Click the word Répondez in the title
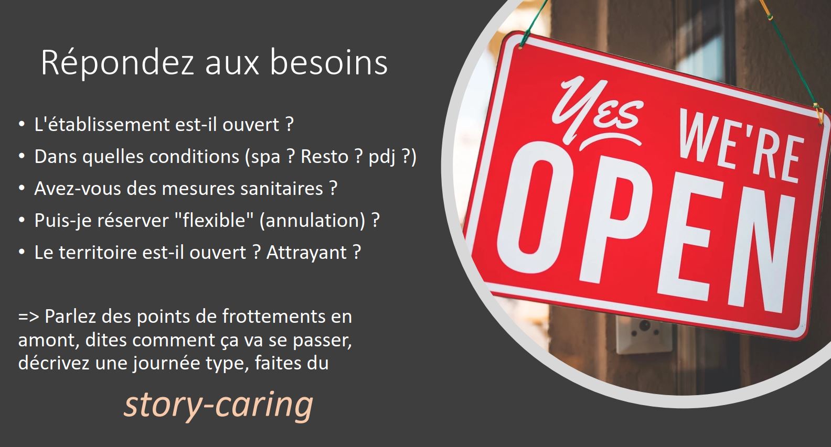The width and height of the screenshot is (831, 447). [x=118, y=62]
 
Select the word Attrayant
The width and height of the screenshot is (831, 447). [x=307, y=253]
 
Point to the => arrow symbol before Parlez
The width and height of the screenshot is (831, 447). [x=28, y=317]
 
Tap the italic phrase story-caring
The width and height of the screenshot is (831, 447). [x=219, y=405]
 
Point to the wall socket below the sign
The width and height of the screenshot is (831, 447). [x=644, y=334]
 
